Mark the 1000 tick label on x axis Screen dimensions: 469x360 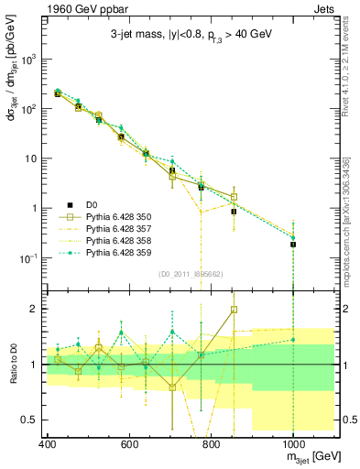(x=293, y=444)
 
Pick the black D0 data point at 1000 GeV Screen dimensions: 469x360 (x=293, y=245)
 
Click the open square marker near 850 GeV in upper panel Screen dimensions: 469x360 (x=234, y=197)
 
